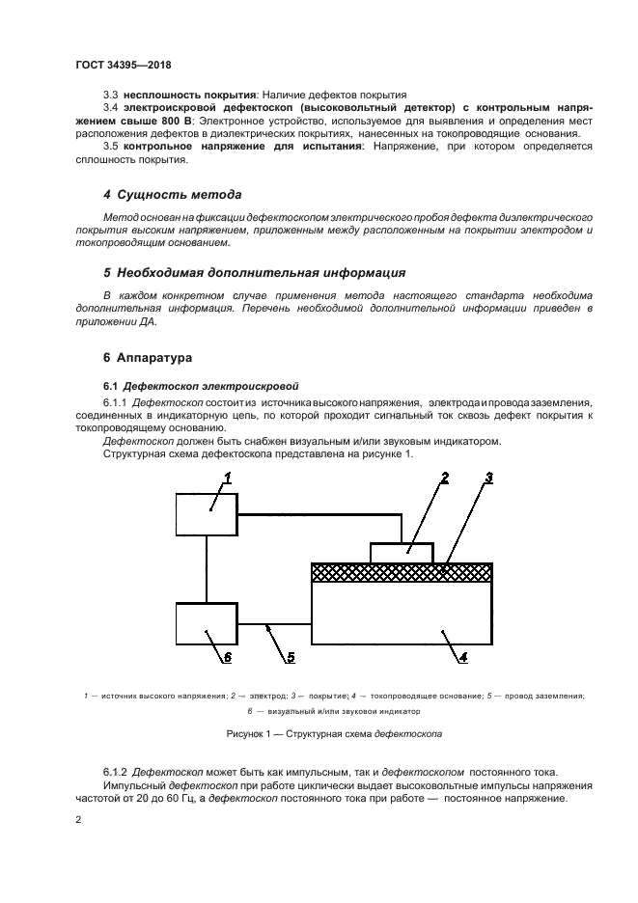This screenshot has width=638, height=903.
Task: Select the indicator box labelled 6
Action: [207, 623]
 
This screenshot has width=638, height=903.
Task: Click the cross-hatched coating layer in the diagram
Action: [402, 572]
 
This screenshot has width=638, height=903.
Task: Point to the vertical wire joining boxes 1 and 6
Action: [207, 567]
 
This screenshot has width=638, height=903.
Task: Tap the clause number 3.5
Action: [110, 146]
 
